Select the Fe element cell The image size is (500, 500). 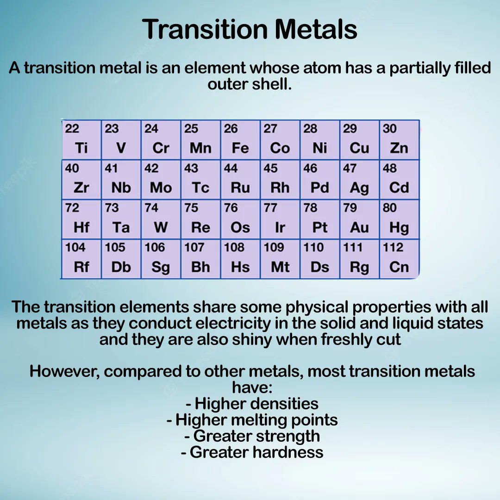pos(240,140)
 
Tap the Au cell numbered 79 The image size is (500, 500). pos(359,219)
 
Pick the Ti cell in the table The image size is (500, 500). pos(81,140)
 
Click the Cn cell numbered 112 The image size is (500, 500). pos(399,259)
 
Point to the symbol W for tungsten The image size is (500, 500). pos(161,228)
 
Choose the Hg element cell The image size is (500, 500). pos(399,219)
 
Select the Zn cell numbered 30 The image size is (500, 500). pos(399,140)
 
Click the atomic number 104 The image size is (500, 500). pos(75,248)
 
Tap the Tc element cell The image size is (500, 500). pos(200,180)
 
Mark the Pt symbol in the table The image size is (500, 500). pos(320,228)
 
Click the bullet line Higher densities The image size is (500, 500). pos(252,403)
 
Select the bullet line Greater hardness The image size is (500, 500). pos(252,452)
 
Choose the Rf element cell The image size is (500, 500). pos(81,259)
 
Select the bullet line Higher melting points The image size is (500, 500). pos(252,420)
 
